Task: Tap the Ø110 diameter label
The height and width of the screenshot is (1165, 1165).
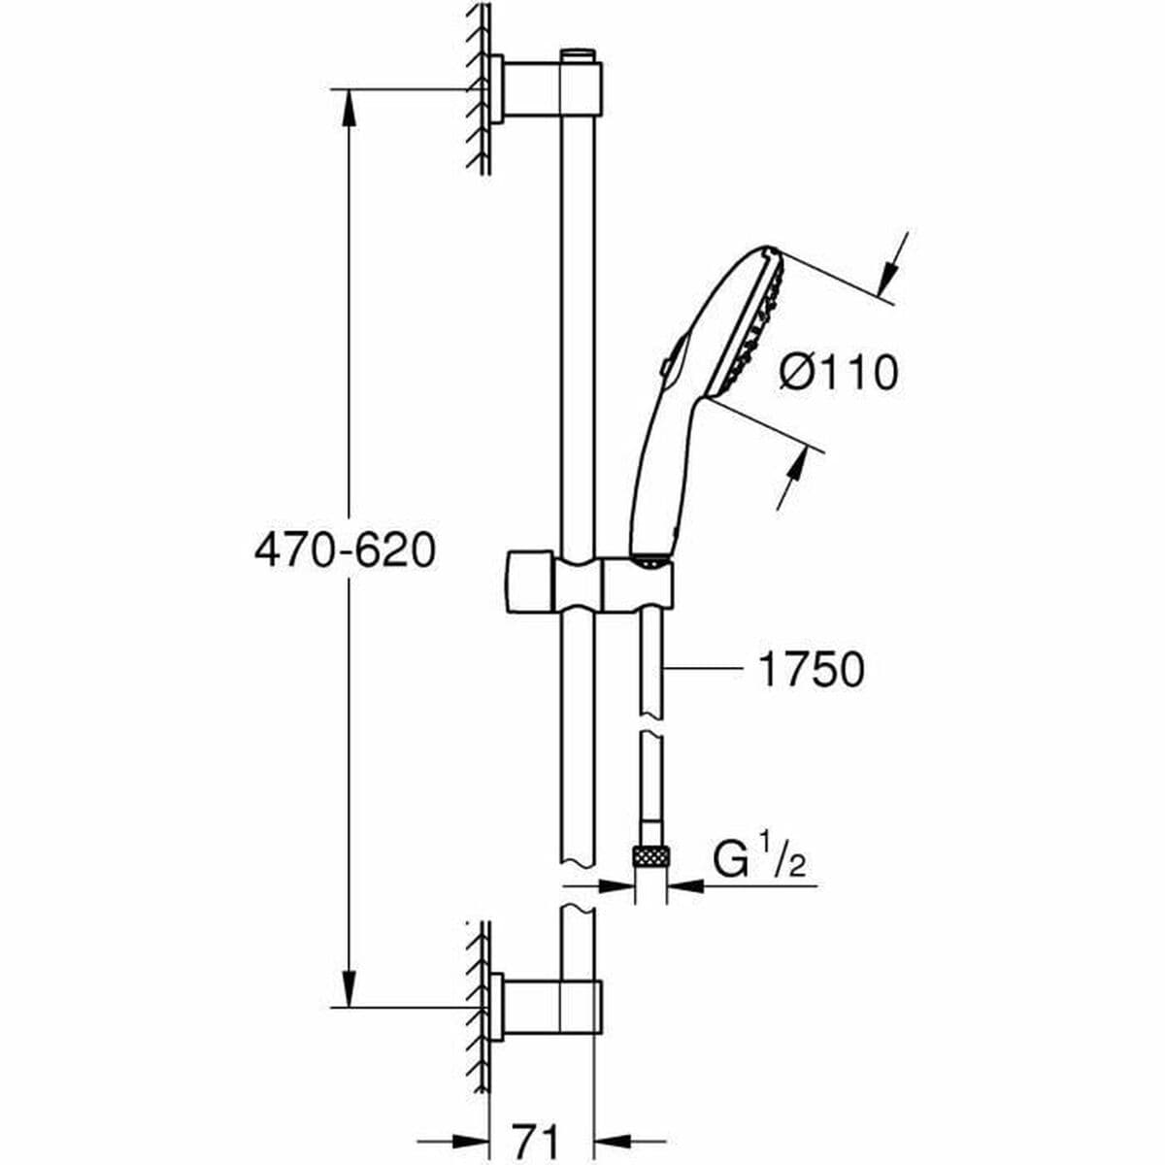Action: click(x=839, y=372)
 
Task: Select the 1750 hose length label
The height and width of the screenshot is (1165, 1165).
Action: click(x=810, y=670)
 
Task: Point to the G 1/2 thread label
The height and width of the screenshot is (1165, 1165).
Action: click(x=760, y=859)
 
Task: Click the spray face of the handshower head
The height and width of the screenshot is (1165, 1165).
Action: click(x=753, y=325)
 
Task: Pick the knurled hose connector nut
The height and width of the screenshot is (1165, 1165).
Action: click(x=649, y=857)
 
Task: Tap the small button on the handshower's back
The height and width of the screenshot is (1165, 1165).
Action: click(x=664, y=367)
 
